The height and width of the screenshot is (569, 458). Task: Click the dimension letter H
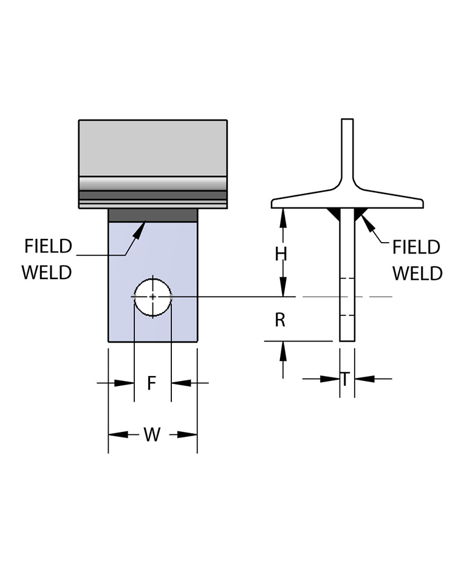pos(280,254)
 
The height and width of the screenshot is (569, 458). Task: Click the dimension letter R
pos(280,320)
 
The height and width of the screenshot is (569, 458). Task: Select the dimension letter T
pos(345,380)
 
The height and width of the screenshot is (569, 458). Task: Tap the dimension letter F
pos(152,383)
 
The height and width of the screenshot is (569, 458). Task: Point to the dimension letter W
pos(152,434)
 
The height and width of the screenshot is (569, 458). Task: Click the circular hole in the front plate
pos(152,297)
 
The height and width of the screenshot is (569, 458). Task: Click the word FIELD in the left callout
pos(48,247)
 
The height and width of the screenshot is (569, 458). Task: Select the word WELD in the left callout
pos(47,273)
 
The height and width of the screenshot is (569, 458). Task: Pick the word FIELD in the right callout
pos(416,247)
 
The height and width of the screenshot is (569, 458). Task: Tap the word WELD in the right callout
pos(417,274)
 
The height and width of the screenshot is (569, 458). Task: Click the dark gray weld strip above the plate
pos(152,215)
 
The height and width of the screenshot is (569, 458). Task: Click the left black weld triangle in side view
pos(333,212)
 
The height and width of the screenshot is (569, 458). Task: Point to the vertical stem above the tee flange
pos(347,146)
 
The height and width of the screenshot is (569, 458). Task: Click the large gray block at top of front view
pos(152,148)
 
